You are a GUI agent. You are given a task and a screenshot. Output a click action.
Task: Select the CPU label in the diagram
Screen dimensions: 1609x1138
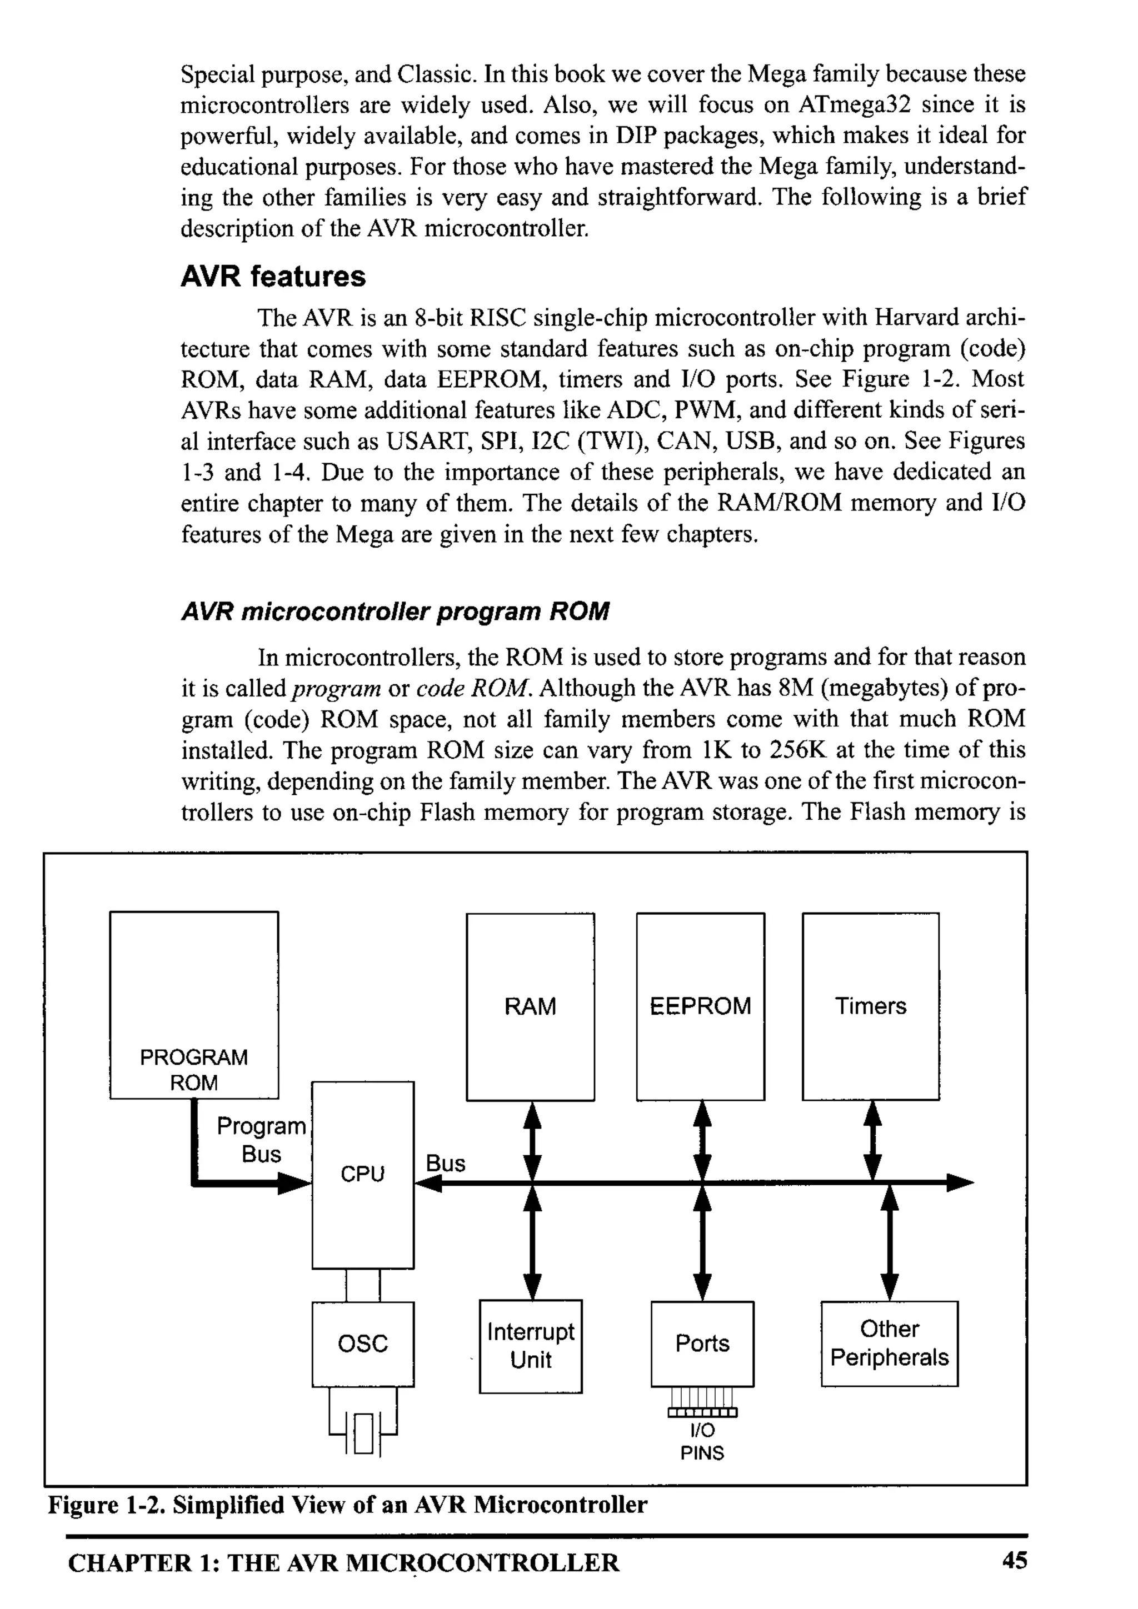(x=362, y=1173)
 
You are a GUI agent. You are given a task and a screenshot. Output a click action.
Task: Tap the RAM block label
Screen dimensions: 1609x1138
(x=530, y=1006)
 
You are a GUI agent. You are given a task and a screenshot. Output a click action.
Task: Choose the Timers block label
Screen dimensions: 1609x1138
(x=870, y=1006)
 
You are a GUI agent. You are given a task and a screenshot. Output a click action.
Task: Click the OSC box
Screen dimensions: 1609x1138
(x=362, y=1344)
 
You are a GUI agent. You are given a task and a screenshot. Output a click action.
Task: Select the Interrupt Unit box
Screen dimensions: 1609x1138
(x=531, y=1346)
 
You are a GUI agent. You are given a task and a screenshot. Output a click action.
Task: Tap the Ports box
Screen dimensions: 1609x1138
(x=702, y=1344)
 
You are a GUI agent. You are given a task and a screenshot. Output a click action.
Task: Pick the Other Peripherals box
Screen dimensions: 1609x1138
(x=889, y=1343)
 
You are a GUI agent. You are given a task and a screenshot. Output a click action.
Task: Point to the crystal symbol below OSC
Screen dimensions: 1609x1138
(x=363, y=1433)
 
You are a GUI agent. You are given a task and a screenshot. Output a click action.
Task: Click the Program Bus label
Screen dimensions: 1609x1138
(x=261, y=1140)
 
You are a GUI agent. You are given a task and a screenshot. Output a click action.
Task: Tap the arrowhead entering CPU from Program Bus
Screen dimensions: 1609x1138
(x=295, y=1184)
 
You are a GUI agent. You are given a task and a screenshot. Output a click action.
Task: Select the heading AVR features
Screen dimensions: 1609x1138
(x=273, y=276)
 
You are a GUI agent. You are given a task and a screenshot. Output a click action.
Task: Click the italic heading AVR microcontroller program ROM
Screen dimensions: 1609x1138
(x=395, y=611)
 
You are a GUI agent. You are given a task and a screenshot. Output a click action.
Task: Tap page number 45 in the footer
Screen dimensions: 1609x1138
(x=1014, y=1560)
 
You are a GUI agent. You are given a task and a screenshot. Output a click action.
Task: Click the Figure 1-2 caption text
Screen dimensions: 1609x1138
(x=347, y=1505)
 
